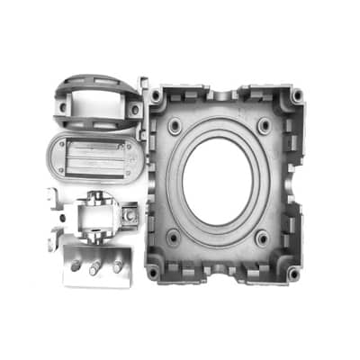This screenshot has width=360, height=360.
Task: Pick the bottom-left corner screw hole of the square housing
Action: click(154, 270)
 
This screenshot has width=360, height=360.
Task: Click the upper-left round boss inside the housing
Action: click(174, 128)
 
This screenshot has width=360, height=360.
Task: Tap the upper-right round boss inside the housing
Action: click(265, 124)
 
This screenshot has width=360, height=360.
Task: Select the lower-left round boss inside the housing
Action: click(171, 239)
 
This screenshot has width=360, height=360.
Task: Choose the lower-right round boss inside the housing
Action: click(262, 238)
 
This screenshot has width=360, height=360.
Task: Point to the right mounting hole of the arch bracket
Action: click(133, 109)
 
